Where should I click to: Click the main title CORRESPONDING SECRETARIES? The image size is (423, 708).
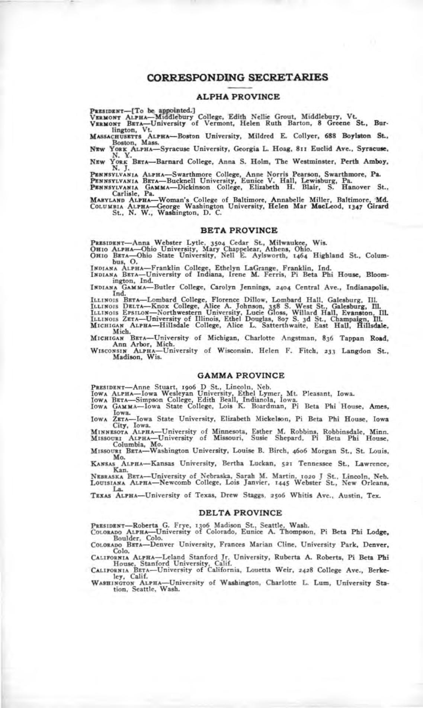(x=238, y=77)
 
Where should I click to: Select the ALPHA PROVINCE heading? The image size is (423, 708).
(x=238, y=97)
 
